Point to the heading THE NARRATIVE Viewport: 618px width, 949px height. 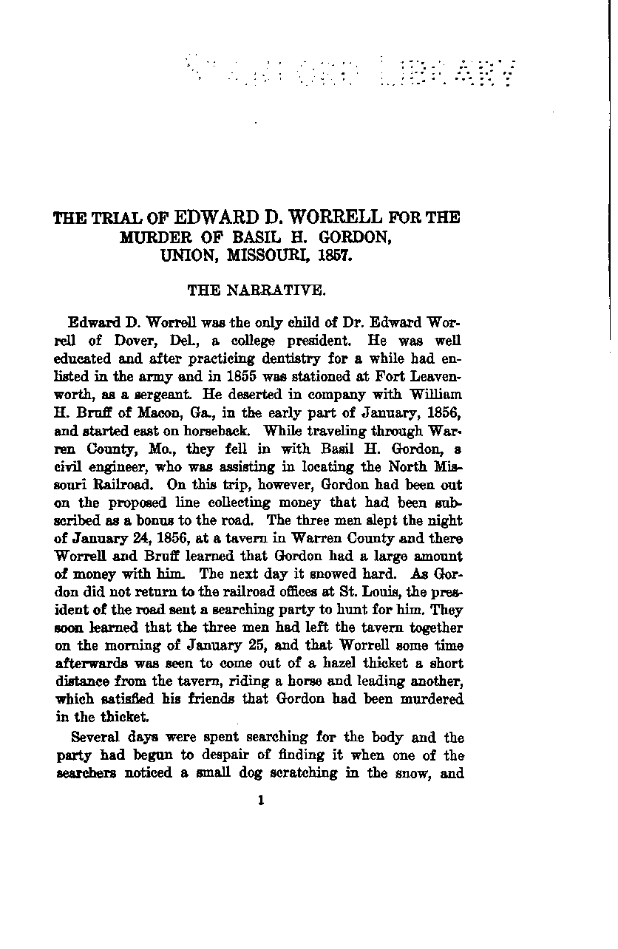pos(257,290)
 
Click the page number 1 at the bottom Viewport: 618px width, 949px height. pos(262,799)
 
